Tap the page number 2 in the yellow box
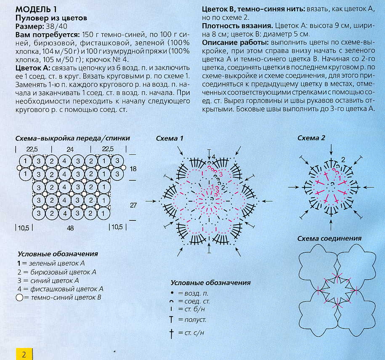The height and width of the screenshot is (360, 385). (24, 354)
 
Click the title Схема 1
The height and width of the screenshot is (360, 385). (170, 138)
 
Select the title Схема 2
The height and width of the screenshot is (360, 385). (311, 138)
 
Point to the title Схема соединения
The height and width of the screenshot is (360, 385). (329, 238)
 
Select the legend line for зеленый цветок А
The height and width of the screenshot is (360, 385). (51, 263)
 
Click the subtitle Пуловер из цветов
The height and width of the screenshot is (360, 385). (51, 18)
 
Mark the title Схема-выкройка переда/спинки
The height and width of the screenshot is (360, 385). (72, 138)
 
